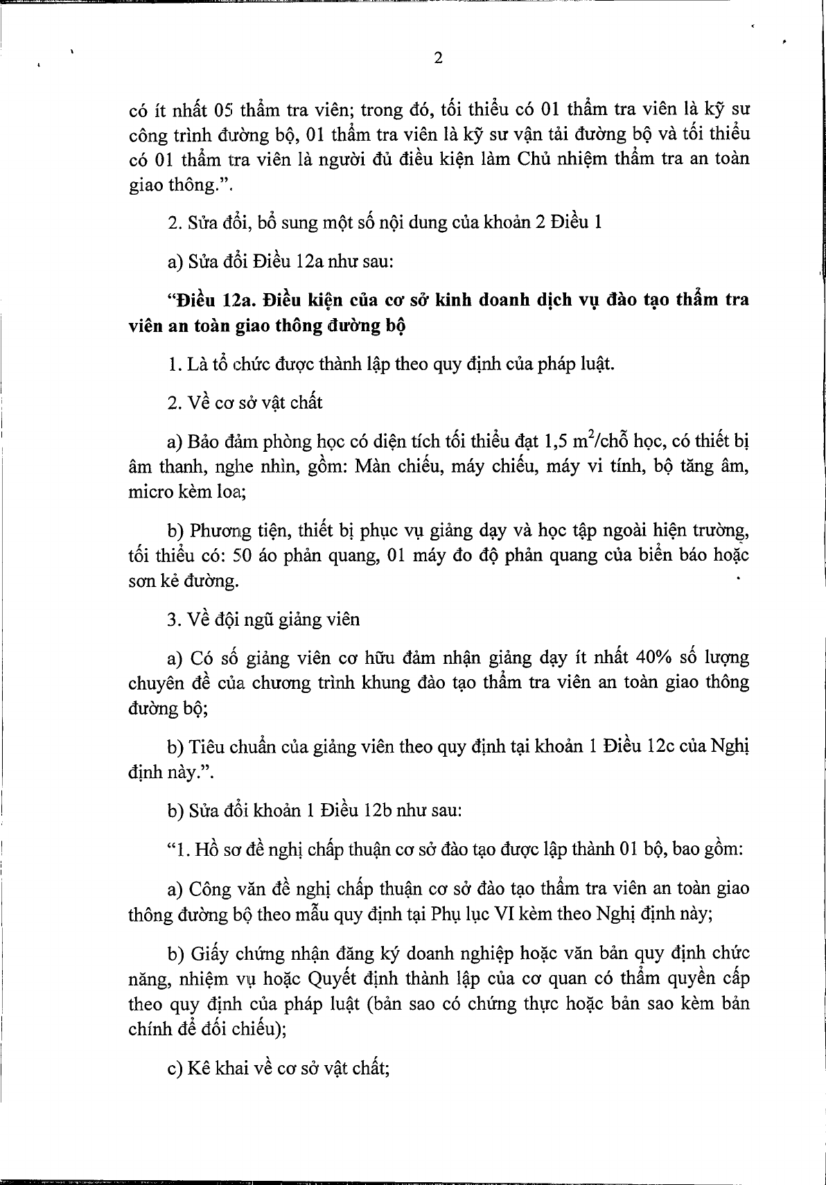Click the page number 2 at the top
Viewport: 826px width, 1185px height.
(x=437, y=58)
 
